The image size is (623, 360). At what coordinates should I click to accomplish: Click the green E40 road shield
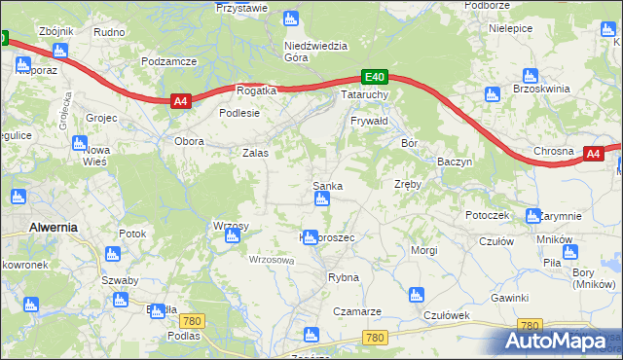point(376,76)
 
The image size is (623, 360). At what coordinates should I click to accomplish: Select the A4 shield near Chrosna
point(595,153)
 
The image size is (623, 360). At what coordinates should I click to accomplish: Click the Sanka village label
point(326,185)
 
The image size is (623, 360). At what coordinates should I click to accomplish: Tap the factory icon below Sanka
point(321,199)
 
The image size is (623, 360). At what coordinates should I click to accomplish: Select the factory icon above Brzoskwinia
point(530,75)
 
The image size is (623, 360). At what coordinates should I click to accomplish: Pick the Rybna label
point(344,277)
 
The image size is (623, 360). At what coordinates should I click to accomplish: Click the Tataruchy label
point(365,95)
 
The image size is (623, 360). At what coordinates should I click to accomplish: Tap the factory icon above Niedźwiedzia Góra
point(290,18)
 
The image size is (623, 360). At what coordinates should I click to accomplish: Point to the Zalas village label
point(255,153)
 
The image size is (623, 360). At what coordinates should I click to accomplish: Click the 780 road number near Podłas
point(194,321)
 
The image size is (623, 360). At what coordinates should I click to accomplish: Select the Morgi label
point(423,250)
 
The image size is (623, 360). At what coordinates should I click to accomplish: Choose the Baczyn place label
point(455,161)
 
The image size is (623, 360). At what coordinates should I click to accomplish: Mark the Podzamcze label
point(168,60)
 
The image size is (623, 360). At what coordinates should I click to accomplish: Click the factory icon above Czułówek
point(416,295)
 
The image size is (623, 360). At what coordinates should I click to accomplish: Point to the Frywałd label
point(370,121)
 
